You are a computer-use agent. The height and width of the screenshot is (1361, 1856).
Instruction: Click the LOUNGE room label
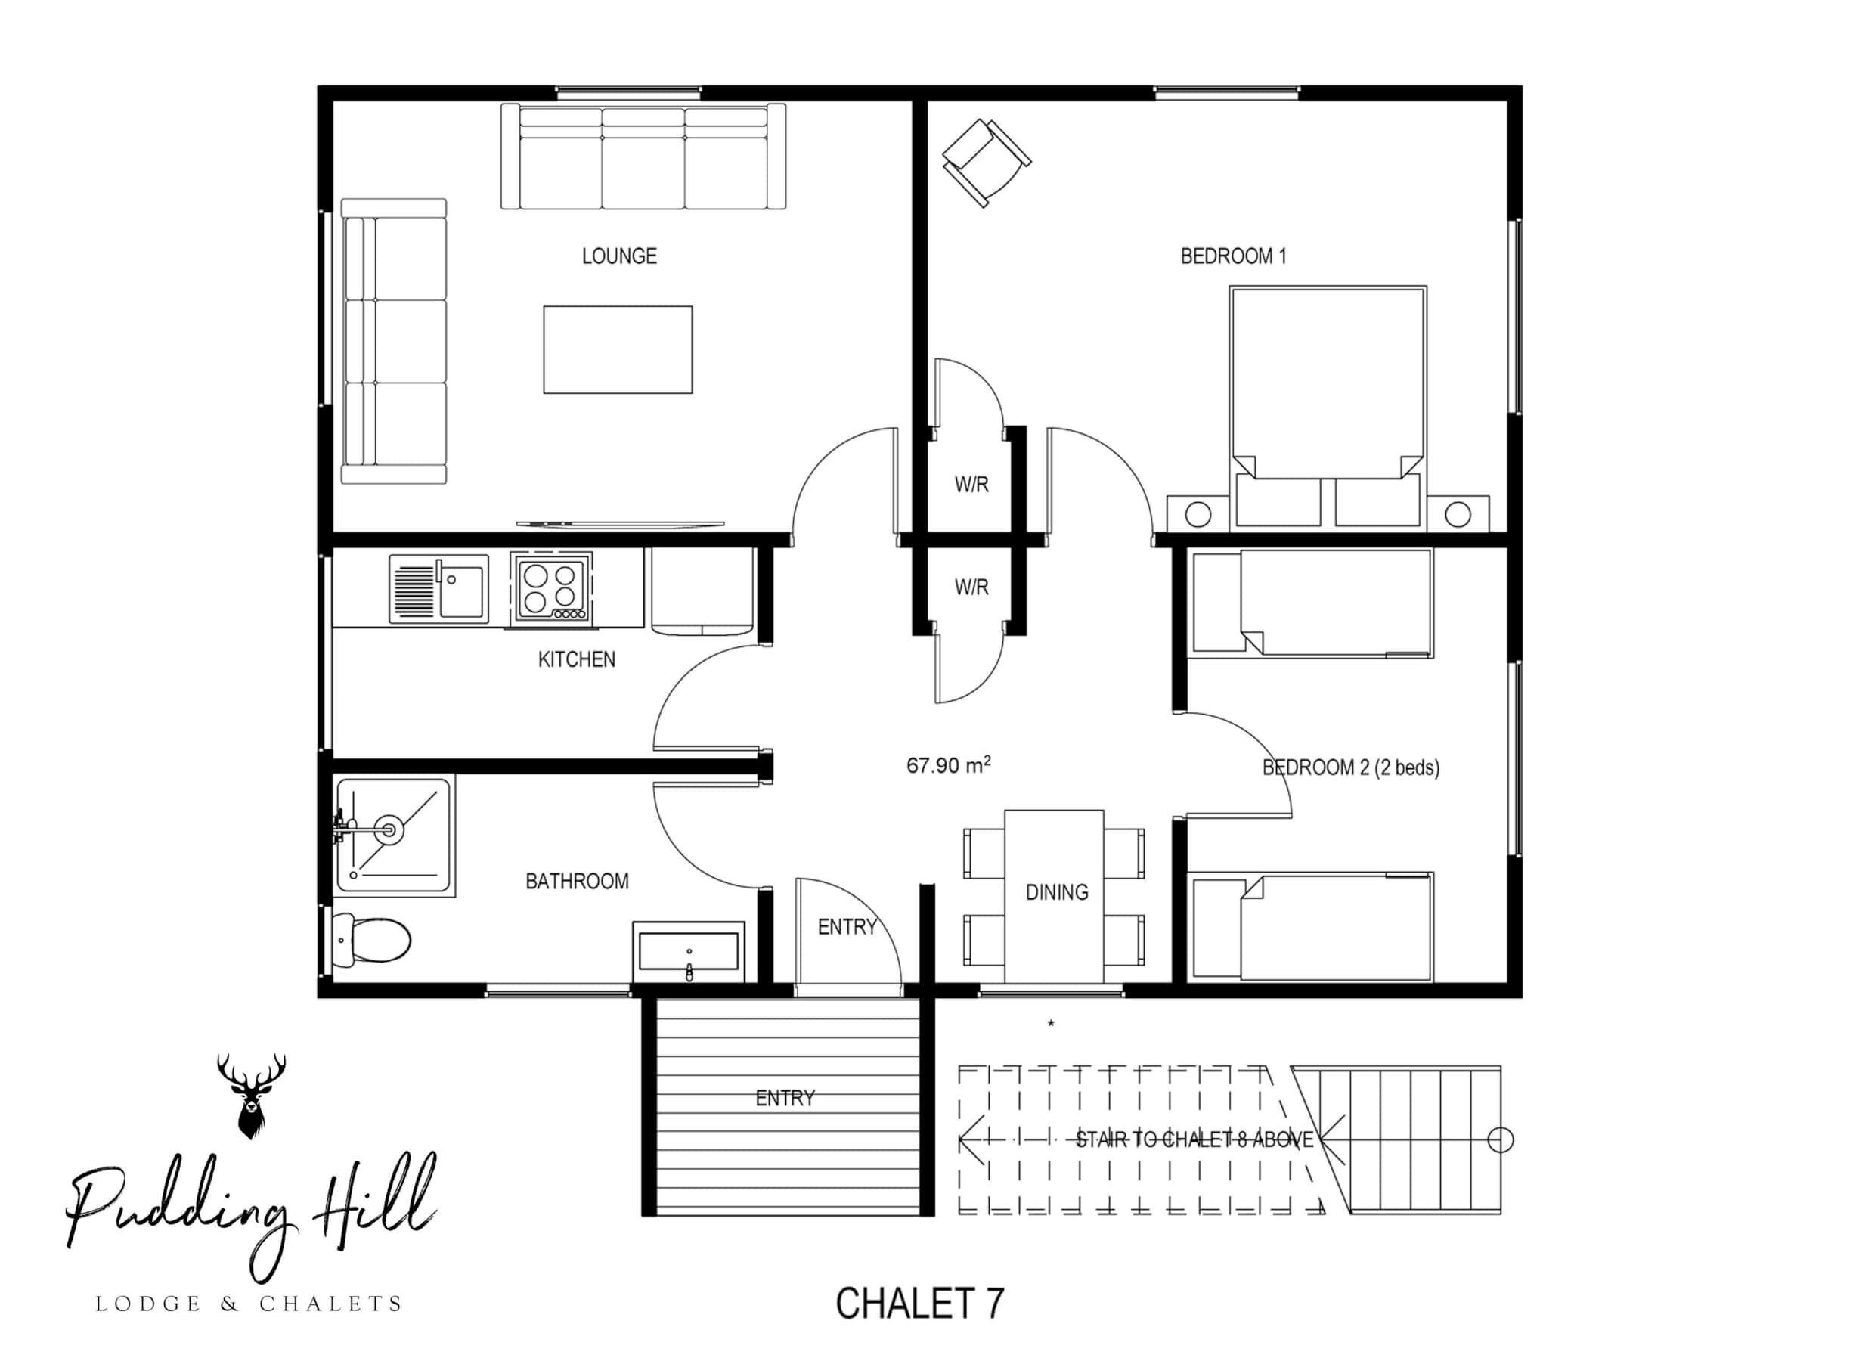click(x=618, y=256)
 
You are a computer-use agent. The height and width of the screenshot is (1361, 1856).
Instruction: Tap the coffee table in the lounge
click(x=617, y=349)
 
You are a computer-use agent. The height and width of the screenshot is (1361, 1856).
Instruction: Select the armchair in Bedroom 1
click(x=986, y=163)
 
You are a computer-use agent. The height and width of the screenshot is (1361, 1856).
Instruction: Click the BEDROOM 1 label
click(x=1232, y=256)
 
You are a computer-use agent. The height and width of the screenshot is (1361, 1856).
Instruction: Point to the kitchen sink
click(x=438, y=588)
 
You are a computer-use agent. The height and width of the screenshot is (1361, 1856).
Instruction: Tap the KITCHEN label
click(x=576, y=659)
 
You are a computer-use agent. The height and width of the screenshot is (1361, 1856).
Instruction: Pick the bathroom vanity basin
click(x=689, y=951)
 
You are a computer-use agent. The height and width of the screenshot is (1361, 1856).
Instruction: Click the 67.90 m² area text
click(x=948, y=764)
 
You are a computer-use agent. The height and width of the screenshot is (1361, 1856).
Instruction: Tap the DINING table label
click(x=1056, y=892)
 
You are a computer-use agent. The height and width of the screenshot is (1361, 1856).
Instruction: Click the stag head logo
click(x=251, y=1095)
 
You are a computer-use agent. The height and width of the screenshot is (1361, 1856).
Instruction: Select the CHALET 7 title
click(x=920, y=1303)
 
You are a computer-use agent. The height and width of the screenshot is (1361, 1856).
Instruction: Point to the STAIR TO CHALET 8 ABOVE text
click(x=1194, y=1139)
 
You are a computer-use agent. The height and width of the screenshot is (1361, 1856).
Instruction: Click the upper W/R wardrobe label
click(x=971, y=485)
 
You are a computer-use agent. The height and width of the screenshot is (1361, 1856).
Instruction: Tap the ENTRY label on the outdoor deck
click(x=784, y=1097)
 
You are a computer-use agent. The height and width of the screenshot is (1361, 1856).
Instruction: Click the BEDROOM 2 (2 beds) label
click(x=1351, y=767)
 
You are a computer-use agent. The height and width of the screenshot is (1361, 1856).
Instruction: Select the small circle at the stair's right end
click(x=1501, y=1139)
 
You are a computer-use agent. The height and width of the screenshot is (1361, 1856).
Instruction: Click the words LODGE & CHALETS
click(x=249, y=1304)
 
